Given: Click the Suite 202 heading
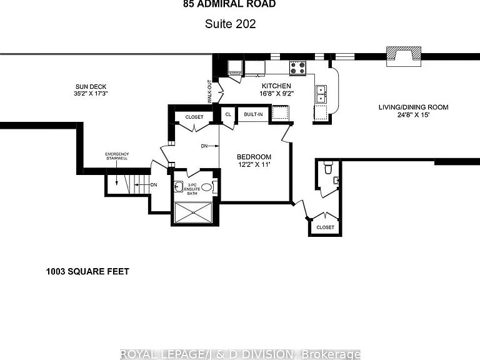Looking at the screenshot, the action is [x=230, y=24].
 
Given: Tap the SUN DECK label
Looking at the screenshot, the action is [x=91, y=87].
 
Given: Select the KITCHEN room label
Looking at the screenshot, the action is [x=276, y=86].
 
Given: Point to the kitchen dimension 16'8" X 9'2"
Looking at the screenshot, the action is [x=277, y=94].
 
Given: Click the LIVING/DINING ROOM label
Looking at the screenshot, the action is [x=413, y=107].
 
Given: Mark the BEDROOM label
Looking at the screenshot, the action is [x=254, y=157].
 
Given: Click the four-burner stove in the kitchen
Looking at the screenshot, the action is [x=298, y=68].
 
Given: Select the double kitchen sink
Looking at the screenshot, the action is [x=321, y=94].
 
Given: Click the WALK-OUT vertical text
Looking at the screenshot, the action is [x=209, y=91].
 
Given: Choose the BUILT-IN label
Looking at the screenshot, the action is [x=253, y=114].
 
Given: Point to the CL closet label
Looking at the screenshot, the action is [x=228, y=114].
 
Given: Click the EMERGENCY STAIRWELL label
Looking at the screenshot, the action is [x=117, y=156].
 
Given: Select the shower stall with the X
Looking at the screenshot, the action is [x=193, y=212].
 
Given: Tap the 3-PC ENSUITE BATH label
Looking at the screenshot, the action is [x=192, y=189].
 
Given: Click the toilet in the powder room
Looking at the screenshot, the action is [x=328, y=168].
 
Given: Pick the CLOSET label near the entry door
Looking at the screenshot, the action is [x=325, y=227].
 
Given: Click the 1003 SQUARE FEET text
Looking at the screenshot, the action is [x=87, y=271].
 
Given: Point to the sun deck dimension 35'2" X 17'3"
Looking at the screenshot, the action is [x=91, y=93].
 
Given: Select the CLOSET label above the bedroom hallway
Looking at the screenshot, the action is [x=194, y=117].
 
